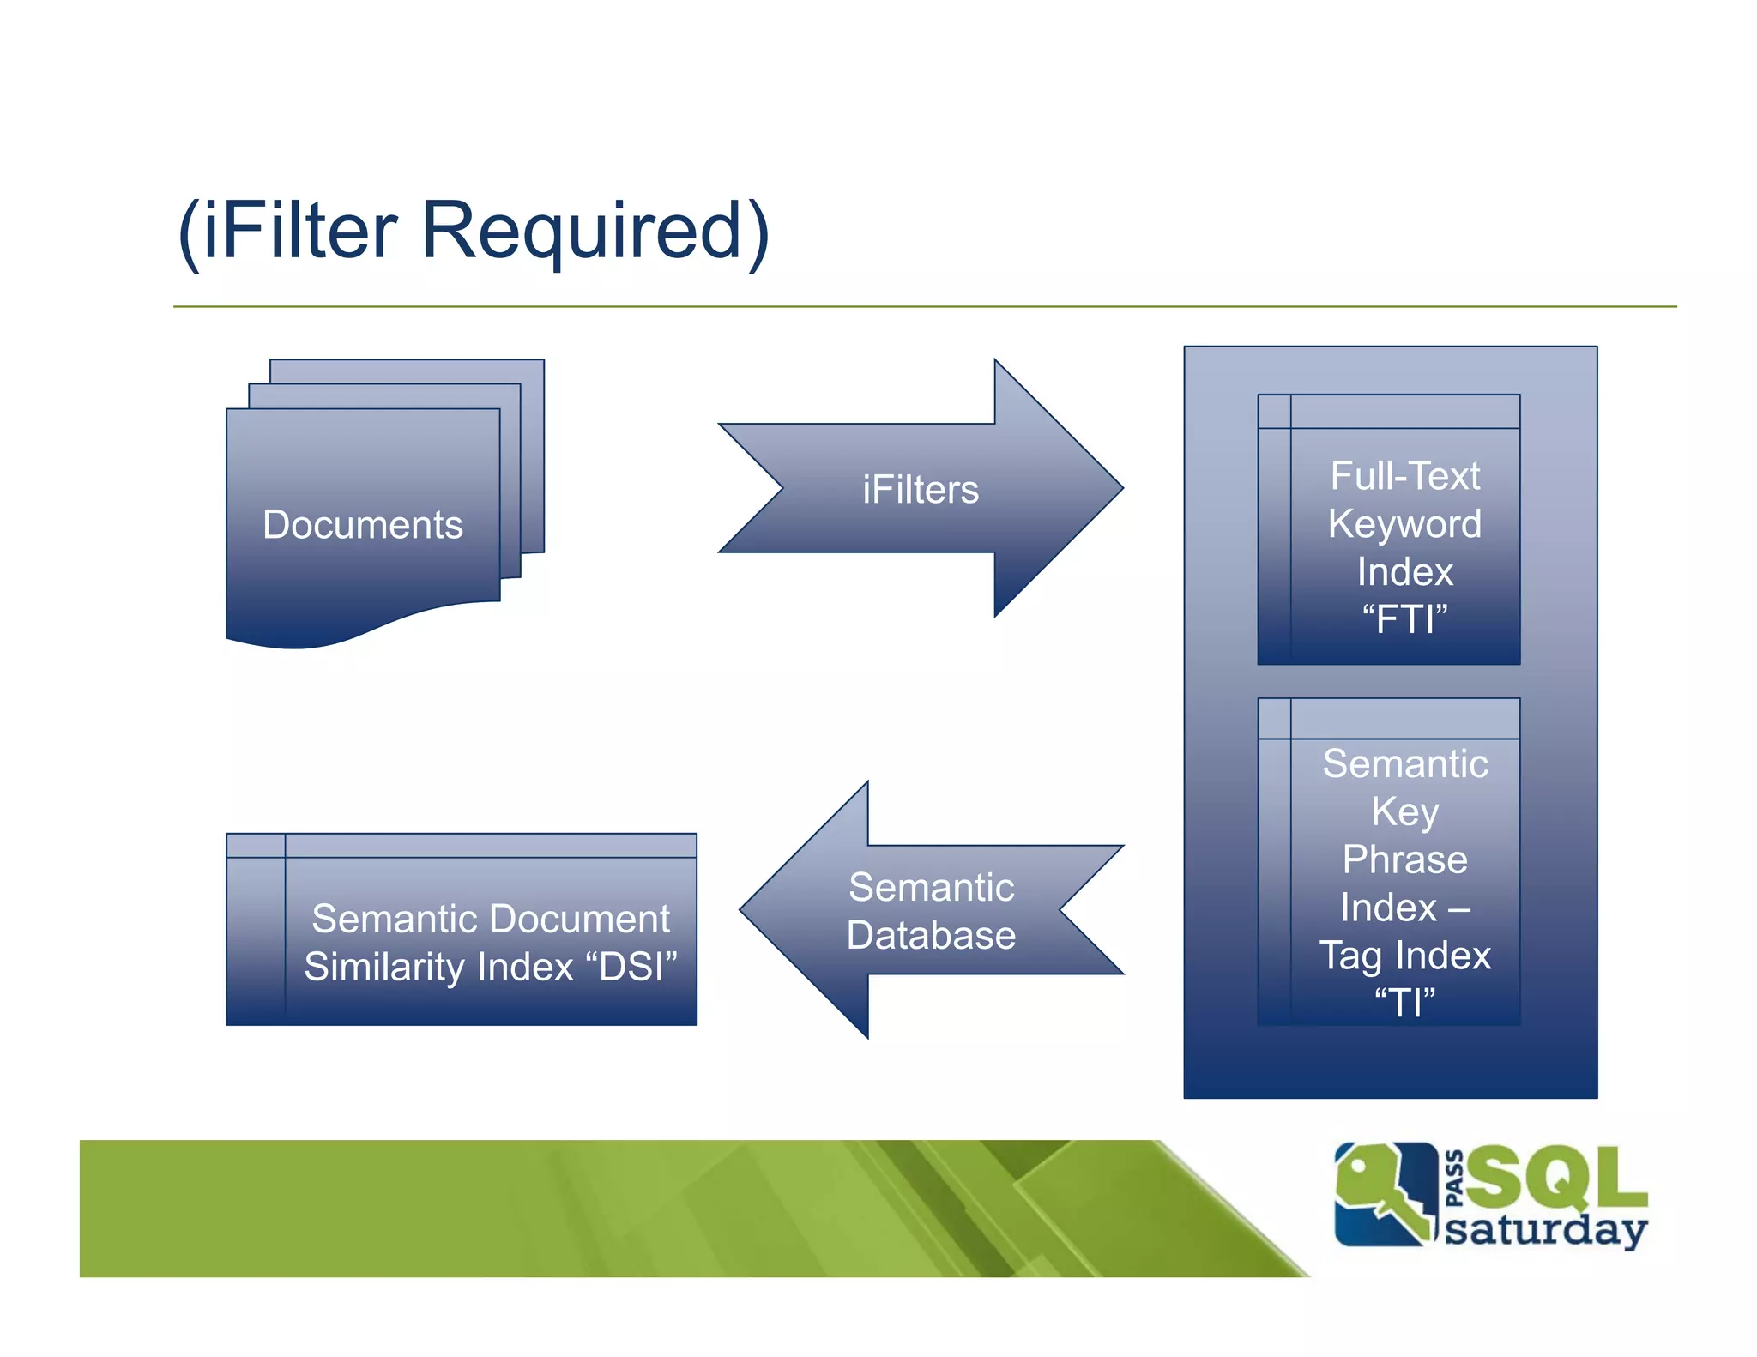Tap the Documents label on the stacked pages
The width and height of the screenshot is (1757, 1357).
pyautogui.click(x=362, y=525)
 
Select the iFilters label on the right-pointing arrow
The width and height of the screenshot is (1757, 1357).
pyautogui.click(x=920, y=490)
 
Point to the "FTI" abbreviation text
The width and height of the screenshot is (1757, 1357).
pyautogui.click(x=1404, y=619)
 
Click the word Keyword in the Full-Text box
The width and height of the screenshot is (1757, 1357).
pyautogui.click(x=1404, y=524)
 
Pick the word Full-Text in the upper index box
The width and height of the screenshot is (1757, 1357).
pyautogui.click(x=1404, y=476)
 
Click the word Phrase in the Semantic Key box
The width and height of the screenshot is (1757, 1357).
pyautogui.click(x=1404, y=859)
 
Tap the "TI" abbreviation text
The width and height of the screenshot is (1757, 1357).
pyautogui.click(x=1404, y=1003)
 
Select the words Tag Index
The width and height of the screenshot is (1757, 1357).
pyautogui.click(x=1404, y=956)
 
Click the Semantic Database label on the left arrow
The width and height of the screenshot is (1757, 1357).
pyautogui.click(x=931, y=911)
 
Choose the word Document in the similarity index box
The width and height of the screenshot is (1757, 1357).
pyautogui.click(x=592, y=920)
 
